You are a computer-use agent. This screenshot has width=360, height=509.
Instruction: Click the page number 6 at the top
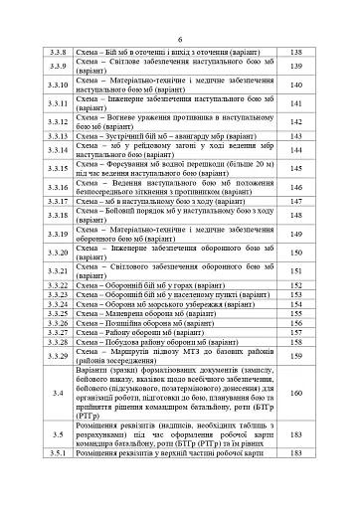[x=180, y=33]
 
